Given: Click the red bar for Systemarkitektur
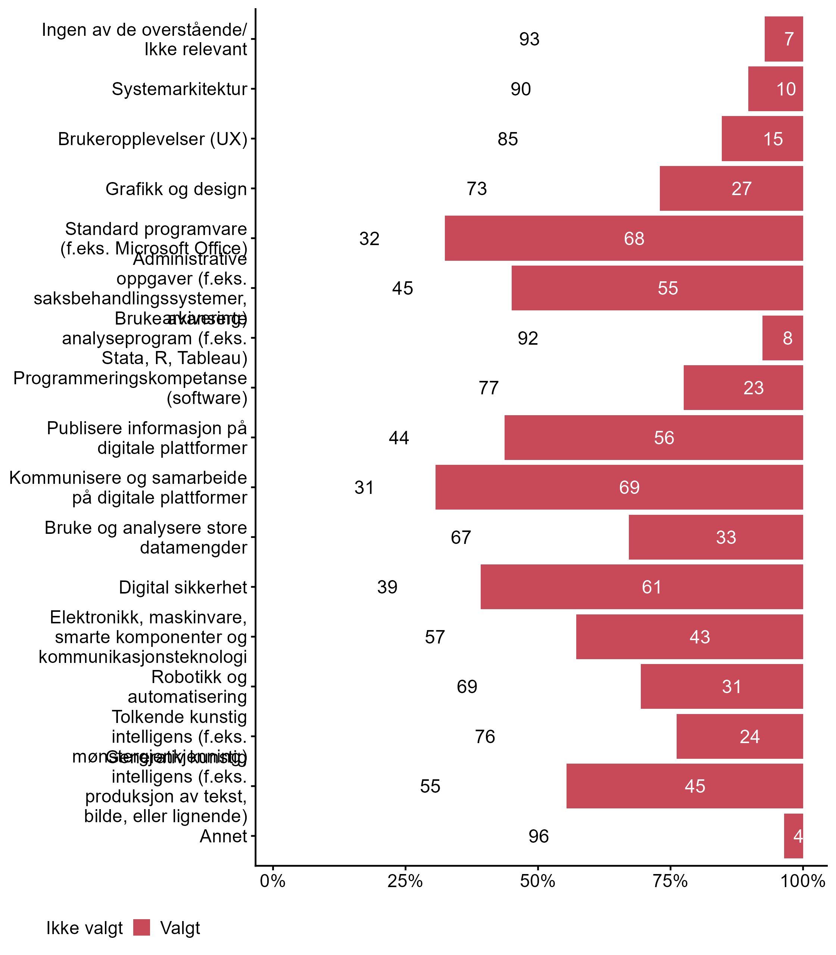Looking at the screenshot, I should tap(776, 89).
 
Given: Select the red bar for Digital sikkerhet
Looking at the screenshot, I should tap(642, 586).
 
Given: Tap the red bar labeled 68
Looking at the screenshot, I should tap(624, 238).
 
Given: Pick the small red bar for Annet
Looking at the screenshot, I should tap(793, 836).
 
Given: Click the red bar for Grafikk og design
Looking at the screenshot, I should tap(731, 188).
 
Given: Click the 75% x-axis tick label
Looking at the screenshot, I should tap(670, 881).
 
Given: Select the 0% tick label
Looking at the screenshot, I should tap(272, 881).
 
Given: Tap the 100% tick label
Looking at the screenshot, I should tap(802, 881).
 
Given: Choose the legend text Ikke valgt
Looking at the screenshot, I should tap(84, 928).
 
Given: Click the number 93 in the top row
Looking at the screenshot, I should tap(529, 39).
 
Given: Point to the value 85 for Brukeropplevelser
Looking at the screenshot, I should tap(508, 139).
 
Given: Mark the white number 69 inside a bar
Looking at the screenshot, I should tap(629, 487).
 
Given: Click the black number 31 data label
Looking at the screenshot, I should tap(364, 487).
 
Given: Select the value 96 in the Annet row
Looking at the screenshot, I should tap(538, 836).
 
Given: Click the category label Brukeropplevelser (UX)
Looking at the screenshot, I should tap(153, 139).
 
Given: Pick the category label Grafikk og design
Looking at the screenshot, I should tap(176, 189).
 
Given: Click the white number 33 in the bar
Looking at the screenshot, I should tap(726, 537).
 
